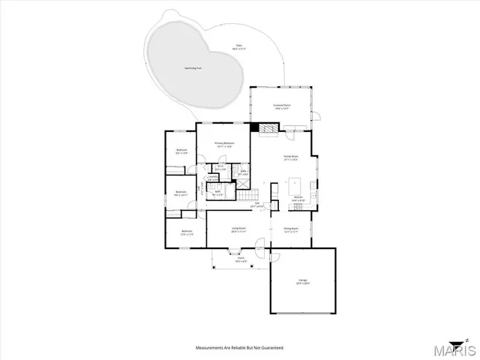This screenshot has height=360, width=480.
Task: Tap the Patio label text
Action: tap(239, 46)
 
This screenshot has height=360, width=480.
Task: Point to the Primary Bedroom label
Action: tap(224, 144)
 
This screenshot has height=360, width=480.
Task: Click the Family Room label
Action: tap(290, 157)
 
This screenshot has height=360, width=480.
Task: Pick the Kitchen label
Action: tap(298, 199)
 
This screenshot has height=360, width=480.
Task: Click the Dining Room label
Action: tap(291, 229)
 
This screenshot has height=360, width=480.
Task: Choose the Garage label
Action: tap(302, 282)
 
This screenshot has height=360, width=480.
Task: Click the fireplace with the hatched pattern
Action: tap(265, 128)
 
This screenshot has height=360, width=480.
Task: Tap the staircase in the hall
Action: tap(248, 195)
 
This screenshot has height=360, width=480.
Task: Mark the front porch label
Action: tap(241, 259)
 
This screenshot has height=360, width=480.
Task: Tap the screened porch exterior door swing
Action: tap(316, 116)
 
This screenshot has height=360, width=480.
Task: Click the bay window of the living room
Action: tap(232, 255)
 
